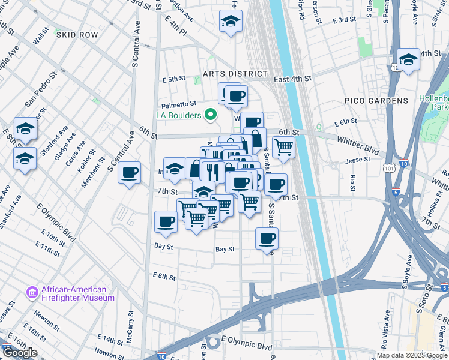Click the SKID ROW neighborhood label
point(77,35)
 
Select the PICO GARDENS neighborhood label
point(376,100)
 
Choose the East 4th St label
point(293,79)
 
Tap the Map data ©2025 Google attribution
point(412,355)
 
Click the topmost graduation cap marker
point(229,22)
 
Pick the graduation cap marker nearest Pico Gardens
point(408,59)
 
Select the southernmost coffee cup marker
point(267,239)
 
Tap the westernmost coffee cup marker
point(129,173)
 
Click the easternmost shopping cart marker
point(283,146)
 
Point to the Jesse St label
point(358,160)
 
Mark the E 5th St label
point(173,79)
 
